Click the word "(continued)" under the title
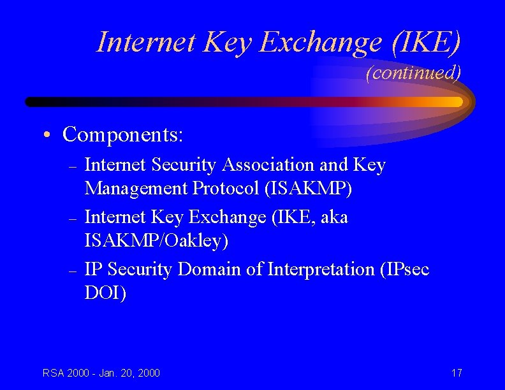(413, 73)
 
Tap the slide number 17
(456, 373)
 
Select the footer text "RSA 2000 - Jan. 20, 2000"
(101, 373)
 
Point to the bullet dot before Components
(47, 136)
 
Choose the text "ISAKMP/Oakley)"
(156, 241)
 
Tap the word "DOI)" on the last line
(106, 293)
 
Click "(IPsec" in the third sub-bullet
(404, 270)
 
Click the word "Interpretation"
(321, 270)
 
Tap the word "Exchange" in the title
(322, 42)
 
